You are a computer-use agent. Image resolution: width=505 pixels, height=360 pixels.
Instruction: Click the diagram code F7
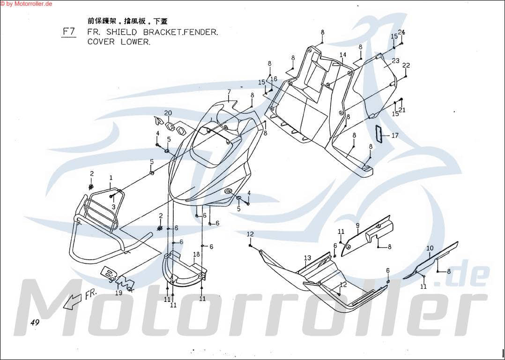(x=69, y=32)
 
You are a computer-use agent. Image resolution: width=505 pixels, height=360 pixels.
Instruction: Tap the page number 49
(x=35, y=322)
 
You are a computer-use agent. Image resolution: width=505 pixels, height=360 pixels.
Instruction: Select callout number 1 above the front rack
(x=111, y=178)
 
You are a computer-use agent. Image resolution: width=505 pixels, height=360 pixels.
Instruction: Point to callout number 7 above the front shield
(x=229, y=92)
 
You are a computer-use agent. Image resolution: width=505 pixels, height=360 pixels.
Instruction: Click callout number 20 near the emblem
(x=168, y=113)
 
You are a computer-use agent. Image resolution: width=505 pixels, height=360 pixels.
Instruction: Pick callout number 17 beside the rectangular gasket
(x=395, y=136)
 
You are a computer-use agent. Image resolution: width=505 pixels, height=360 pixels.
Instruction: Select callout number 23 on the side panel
(x=396, y=60)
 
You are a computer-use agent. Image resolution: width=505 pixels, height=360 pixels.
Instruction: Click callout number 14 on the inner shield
(x=343, y=55)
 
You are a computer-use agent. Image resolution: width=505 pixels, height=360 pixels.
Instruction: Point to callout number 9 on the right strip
(x=357, y=225)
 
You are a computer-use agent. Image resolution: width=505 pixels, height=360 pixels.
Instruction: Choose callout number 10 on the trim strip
(x=430, y=248)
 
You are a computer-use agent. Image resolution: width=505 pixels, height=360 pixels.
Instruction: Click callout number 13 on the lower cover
(x=307, y=258)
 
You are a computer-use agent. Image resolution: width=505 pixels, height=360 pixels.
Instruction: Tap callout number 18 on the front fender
(x=196, y=254)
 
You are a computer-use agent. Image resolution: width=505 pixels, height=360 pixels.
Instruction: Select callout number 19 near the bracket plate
(x=119, y=293)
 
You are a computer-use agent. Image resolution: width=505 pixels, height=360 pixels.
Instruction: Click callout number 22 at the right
(x=406, y=65)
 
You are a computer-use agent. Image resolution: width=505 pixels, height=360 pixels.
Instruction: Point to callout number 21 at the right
(x=402, y=110)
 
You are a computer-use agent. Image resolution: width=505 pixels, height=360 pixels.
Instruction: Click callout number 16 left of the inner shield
(x=274, y=79)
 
